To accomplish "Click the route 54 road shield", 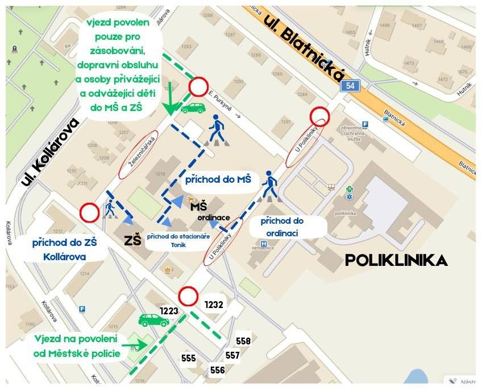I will pos(350,85).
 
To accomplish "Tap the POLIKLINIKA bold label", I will pos(396,261).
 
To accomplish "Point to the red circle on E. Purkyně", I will pos(198,87).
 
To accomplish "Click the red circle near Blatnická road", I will pos(320,117).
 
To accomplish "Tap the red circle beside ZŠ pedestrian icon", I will pos(89,213).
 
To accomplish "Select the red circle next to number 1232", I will pos(188,296).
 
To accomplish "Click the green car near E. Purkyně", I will pos(193,108).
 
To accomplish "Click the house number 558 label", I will pos(243,341).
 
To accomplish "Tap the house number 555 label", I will pos(189,358).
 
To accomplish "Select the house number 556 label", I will pos(217,370).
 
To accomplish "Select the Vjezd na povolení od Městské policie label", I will pos(77,346).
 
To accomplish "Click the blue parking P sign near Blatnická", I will pos(365,124).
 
